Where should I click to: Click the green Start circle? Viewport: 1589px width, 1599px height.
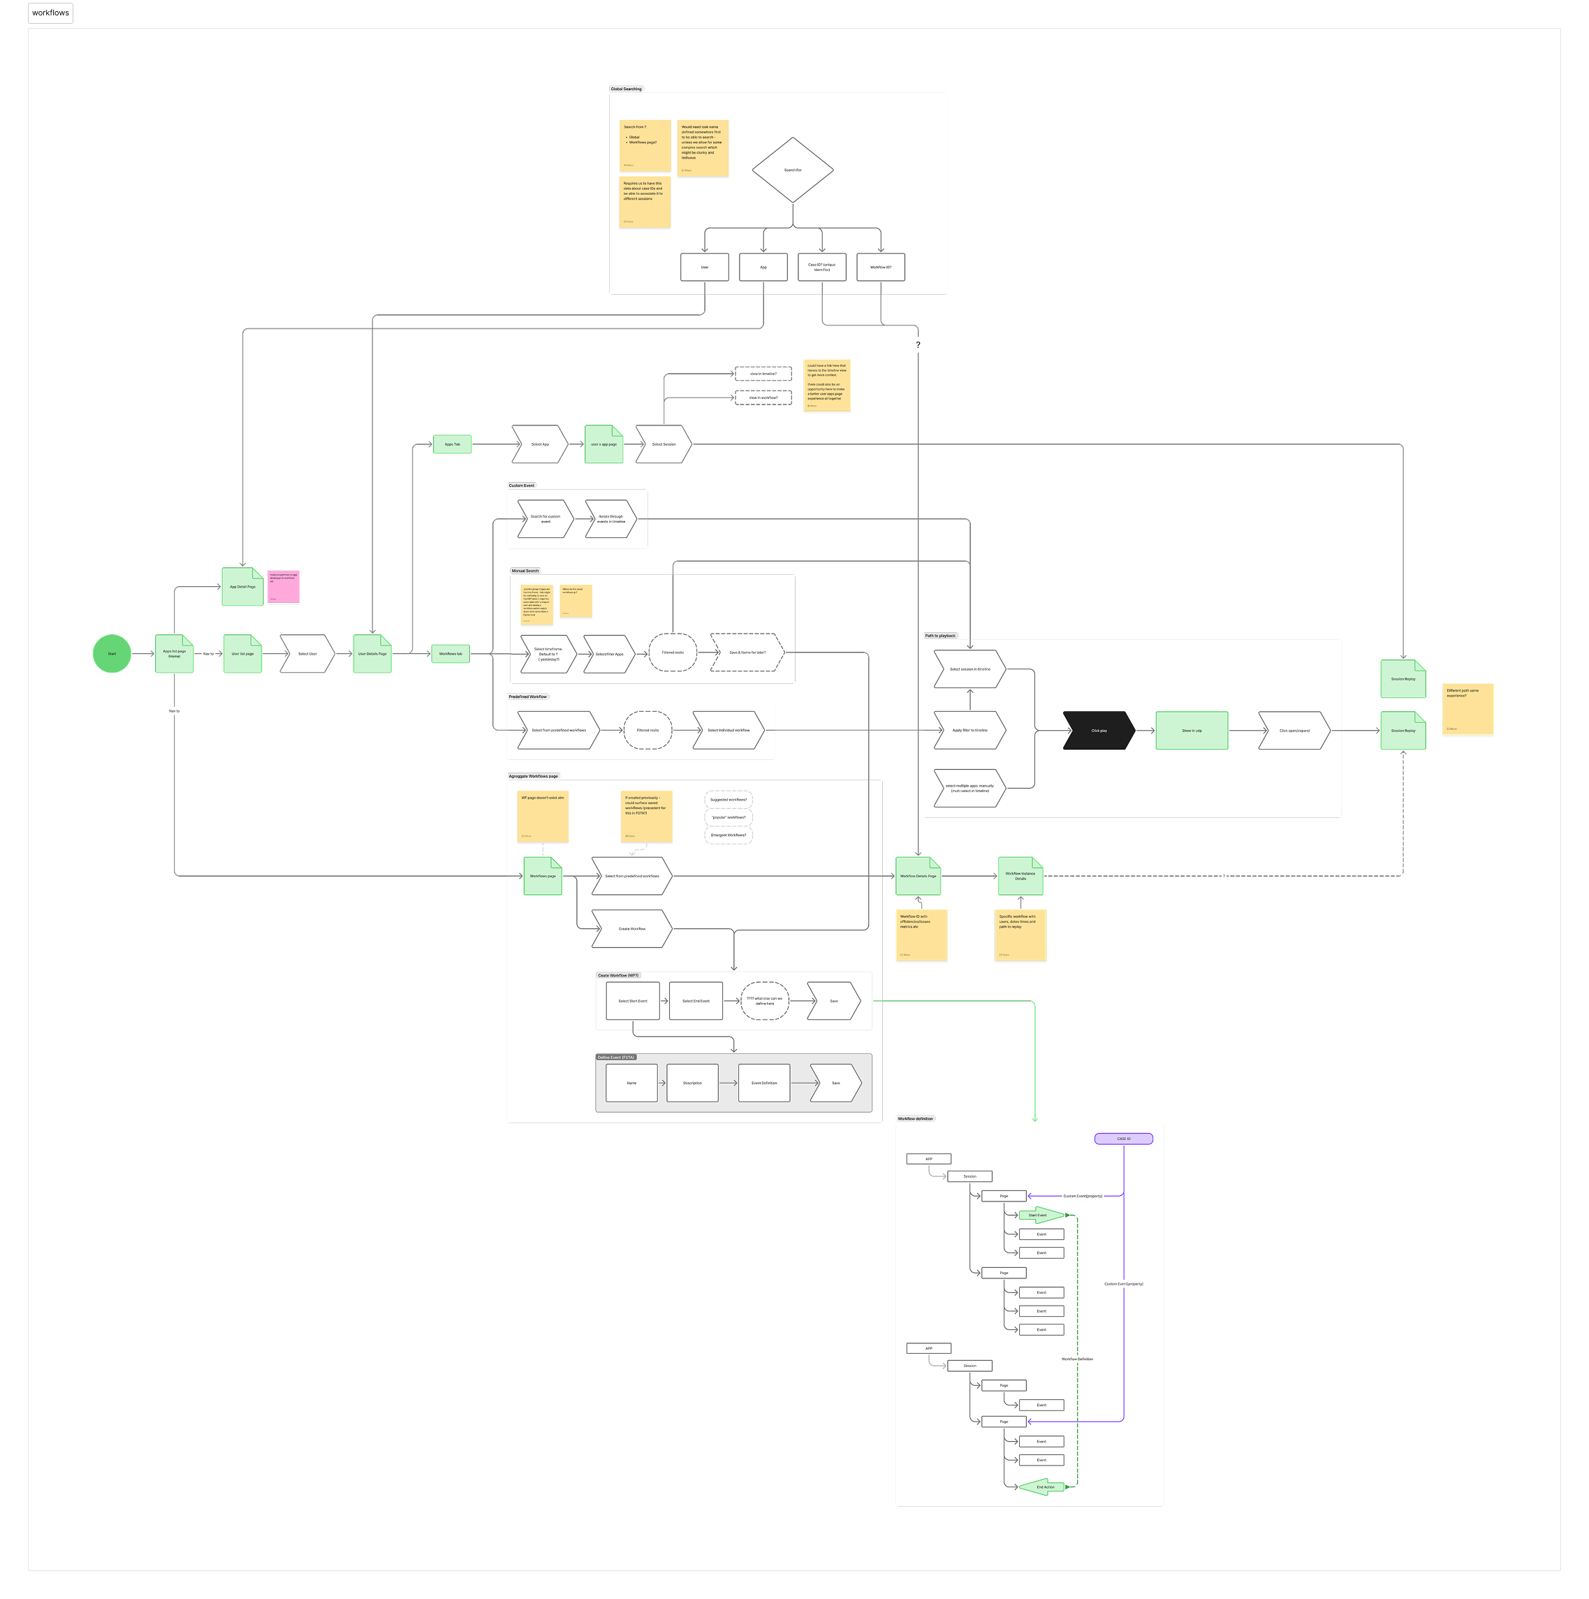(112, 654)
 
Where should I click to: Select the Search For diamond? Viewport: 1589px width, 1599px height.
(792, 170)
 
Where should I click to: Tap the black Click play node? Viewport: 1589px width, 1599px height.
(1098, 731)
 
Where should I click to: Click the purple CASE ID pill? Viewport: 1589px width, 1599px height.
(1123, 1139)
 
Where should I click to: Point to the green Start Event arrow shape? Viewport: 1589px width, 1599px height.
(1039, 1215)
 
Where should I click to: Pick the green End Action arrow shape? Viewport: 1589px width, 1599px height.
(1044, 1487)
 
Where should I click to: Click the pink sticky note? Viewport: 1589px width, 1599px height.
(283, 586)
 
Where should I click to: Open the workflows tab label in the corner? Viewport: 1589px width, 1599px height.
(50, 13)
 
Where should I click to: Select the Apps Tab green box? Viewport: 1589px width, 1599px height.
(452, 444)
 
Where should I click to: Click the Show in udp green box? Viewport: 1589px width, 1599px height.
(1191, 731)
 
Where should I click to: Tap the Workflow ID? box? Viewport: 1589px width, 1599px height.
(881, 268)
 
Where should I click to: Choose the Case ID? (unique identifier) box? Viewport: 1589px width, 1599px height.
(822, 268)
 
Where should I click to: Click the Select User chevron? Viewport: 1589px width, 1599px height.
(307, 654)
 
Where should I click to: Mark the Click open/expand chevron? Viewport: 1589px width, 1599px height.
(1294, 731)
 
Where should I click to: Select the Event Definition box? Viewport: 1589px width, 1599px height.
(764, 1083)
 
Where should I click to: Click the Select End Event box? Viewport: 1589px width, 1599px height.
(695, 1000)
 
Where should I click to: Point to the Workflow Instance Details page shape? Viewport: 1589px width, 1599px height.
(1020, 876)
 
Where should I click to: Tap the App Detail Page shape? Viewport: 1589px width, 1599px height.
(242, 587)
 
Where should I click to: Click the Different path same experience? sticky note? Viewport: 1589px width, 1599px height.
(1467, 708)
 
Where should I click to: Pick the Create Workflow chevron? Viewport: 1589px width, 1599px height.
(631, 928)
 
